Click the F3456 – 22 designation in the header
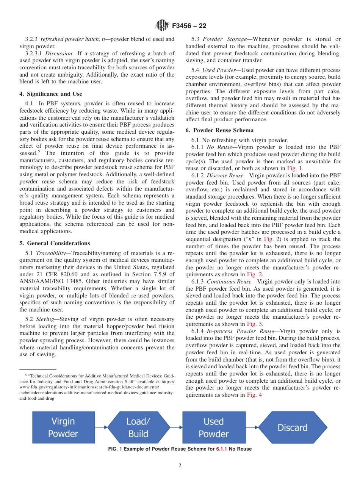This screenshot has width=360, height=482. tap(189, 26)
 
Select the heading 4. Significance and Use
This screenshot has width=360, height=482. tap(51, 94)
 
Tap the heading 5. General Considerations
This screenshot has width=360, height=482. tap(55, 243)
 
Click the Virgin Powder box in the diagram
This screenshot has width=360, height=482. tap(63, 427)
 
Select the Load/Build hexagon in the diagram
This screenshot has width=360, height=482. tap(138, 427)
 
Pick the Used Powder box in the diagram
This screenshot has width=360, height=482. tap(214, 427)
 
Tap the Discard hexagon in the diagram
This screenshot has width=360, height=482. tap(292, 427)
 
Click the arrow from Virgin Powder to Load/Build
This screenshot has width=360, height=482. tap(101, 427)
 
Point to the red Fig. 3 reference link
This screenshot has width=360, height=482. tap(255, 324)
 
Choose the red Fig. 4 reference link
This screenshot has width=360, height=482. tap(254, 395)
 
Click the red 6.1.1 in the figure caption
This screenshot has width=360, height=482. tap(221, 449)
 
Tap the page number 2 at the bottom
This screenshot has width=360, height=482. tap(180, 466)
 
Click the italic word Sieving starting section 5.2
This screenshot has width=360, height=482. tap(45, 319)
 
